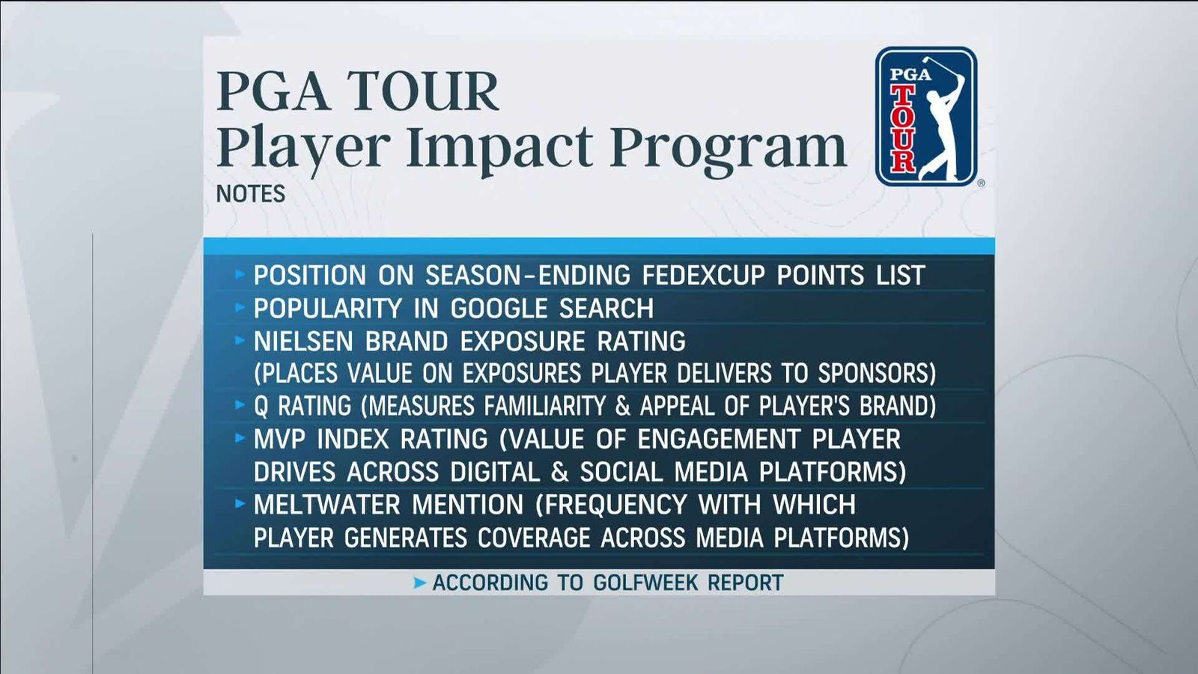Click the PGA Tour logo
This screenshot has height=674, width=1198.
tap(926, 117)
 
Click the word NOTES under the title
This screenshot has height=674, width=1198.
tap(251, 194)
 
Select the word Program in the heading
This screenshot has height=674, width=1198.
tap(728, 148)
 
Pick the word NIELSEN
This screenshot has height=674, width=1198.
tap(303, 341)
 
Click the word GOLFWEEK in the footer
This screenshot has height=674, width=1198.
tap(644, 583)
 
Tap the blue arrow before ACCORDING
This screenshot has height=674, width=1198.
tap(420, 583)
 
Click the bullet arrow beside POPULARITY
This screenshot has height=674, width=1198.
tap(240, 307)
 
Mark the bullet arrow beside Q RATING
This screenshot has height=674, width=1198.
tap(240, 404)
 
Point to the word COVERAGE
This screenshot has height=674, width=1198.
tap(534, 538)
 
